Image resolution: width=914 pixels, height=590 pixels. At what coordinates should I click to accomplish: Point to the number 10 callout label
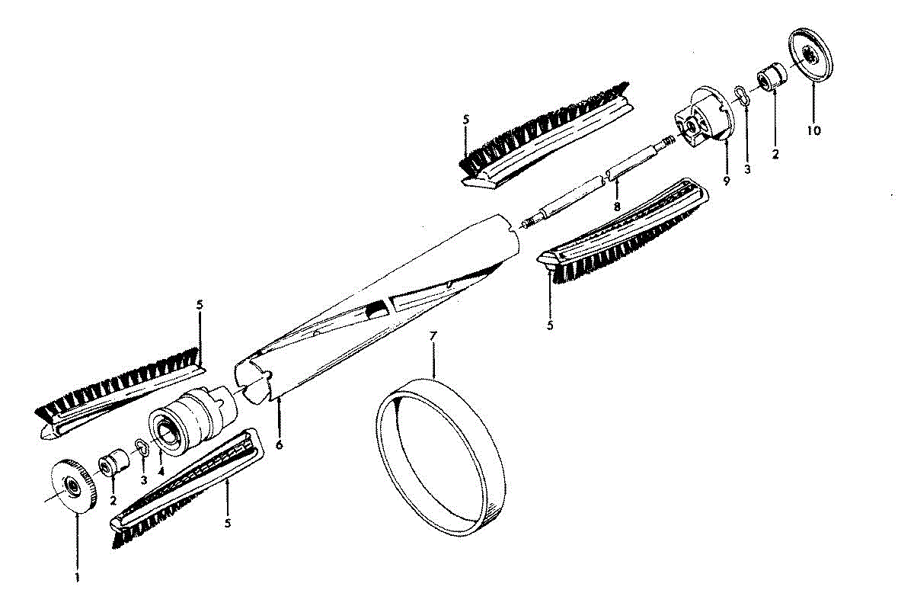[813, 130]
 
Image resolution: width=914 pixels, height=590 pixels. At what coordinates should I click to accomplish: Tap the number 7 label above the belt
[433, 336]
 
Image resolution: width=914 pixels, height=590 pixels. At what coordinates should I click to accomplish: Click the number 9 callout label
[726, 181]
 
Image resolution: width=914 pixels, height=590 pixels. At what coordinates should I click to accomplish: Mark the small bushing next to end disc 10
[772, 77]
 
